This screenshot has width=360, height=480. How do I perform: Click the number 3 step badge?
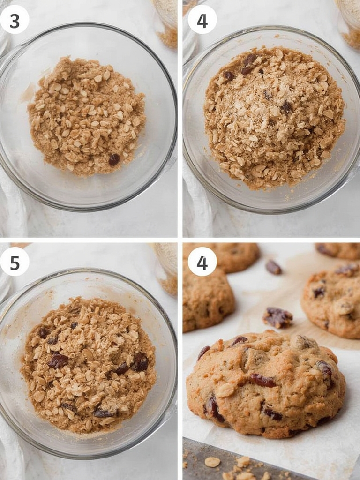pos(15,20)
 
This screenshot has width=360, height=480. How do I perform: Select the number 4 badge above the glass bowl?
pos(202,20)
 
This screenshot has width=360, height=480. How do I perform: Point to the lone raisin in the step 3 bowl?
pos(114,160)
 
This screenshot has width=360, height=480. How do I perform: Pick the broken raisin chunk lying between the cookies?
pos(277,318)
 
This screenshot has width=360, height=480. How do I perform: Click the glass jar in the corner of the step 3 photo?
pos(166,21)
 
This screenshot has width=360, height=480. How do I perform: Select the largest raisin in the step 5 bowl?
pos(58,360)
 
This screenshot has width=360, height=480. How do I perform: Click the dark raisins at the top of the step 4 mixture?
pos(248,63)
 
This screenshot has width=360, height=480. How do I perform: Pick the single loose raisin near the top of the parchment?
pos(273,267)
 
